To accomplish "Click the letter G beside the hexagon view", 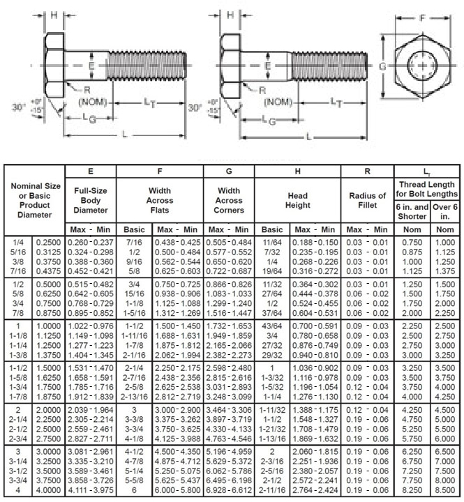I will coord(382,67).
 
